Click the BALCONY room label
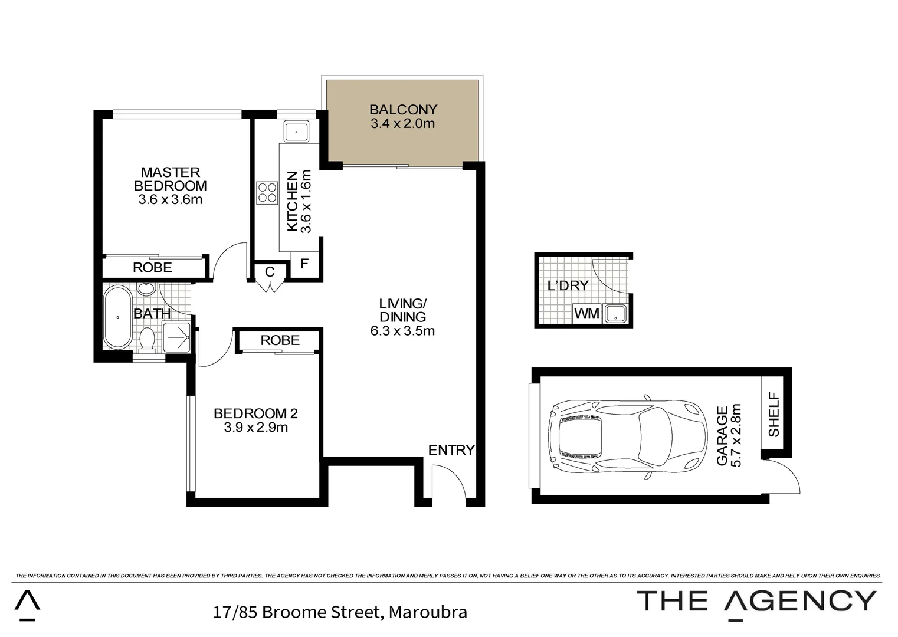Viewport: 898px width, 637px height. pos(403,110)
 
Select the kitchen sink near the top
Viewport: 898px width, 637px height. pos(296,132)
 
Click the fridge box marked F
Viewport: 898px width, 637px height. pos(304,264)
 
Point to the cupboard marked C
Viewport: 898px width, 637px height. pos(270,272)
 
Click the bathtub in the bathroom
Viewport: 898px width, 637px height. pos(118,317)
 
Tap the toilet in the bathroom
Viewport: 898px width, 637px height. pos(147,339)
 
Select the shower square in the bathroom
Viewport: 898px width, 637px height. pos(178,337)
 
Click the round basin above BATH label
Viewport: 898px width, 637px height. pos(146,289)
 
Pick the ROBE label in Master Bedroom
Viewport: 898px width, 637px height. pos(152,268)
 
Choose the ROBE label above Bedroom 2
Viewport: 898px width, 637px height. pos(280,340)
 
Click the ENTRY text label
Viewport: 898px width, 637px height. pos(451,451)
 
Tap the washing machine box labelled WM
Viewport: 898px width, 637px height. pos(586,313)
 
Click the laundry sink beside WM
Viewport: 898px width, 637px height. pos(615,313)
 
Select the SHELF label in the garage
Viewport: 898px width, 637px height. pos(774,415)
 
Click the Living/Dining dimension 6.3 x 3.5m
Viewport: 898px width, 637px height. pos(402,331)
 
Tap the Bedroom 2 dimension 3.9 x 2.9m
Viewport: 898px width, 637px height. pos(255,428)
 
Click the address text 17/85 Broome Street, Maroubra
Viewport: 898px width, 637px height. pos(340,612)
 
